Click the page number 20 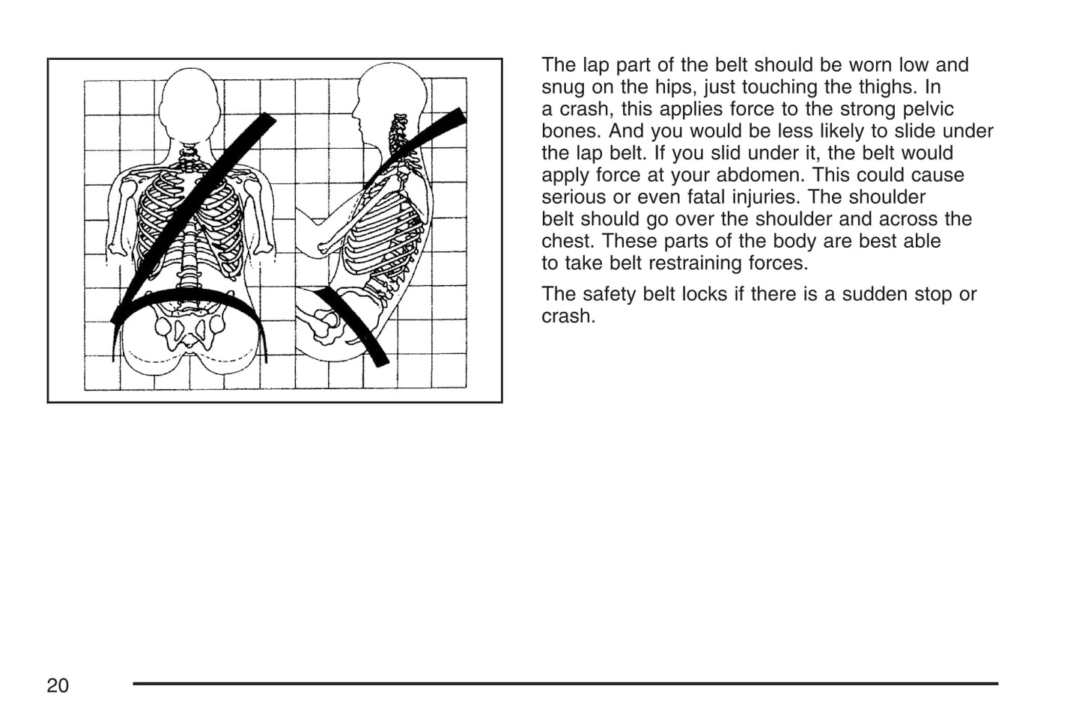click(58, 686)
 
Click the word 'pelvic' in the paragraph click(927, 110)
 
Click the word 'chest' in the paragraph click(567, 241)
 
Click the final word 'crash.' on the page click(568, 316)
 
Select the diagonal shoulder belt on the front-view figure click(193, 217)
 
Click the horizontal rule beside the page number click(565, 683)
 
